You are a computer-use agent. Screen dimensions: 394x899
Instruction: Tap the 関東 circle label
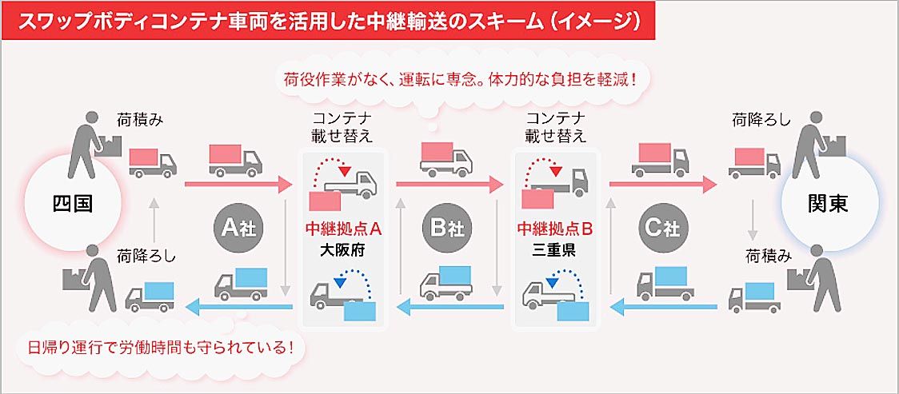[x=828, y=204]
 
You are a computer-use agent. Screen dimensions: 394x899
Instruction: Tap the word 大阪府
[x=343, y=248]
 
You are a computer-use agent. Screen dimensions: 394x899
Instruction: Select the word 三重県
[x=555, y=248]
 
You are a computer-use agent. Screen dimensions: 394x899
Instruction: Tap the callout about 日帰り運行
[x=160, y=348]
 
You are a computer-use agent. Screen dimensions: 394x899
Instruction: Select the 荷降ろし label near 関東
[x=761, y=121]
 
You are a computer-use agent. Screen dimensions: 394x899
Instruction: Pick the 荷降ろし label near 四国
[x=146, y=257]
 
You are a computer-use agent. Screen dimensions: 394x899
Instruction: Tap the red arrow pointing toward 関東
[x=663, y=185]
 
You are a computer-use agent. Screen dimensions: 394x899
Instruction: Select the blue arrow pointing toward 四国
[x=239, y=306]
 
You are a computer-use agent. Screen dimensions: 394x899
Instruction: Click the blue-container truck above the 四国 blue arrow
[x=150, y=296]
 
